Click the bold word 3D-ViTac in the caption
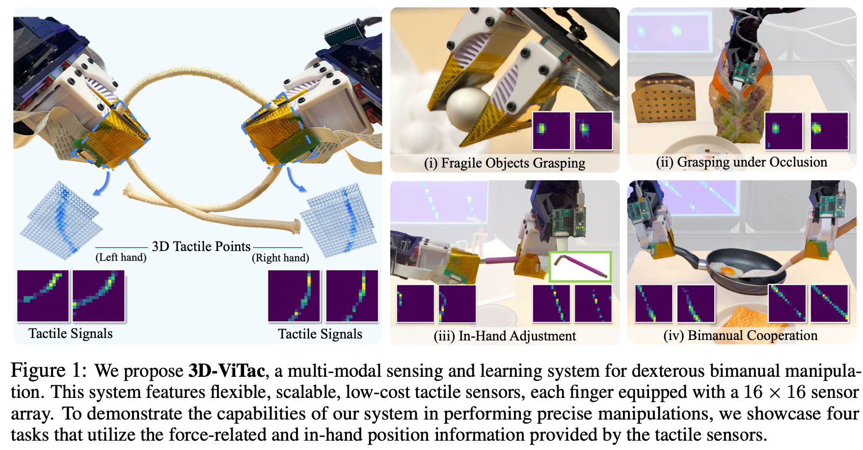227,371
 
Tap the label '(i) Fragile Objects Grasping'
504,163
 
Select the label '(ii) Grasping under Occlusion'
741,162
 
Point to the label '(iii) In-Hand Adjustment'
504,336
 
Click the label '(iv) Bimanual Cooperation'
740,336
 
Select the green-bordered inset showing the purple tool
580,267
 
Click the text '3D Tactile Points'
201,247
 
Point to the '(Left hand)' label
121,257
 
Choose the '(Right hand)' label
280,258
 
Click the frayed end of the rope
295,226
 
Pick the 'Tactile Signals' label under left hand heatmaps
70,334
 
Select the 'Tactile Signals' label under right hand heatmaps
320,334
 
